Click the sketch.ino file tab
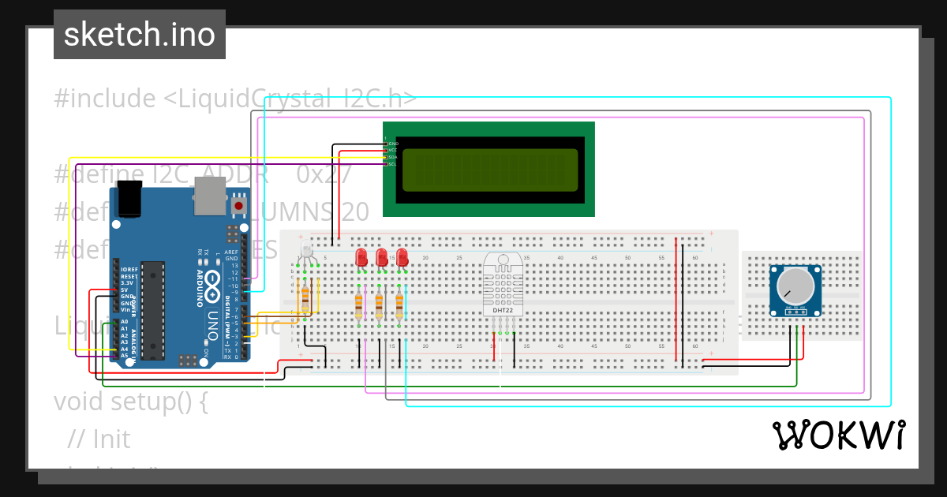140,35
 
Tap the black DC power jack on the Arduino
128,199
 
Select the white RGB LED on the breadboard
307,252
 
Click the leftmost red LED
361,257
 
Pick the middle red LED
382,257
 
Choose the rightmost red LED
402,257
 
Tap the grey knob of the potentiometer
793,285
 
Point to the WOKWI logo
839,435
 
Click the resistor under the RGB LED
305,299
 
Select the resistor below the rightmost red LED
399,304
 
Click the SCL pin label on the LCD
392,164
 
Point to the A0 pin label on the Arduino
125,322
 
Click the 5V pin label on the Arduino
125,290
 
